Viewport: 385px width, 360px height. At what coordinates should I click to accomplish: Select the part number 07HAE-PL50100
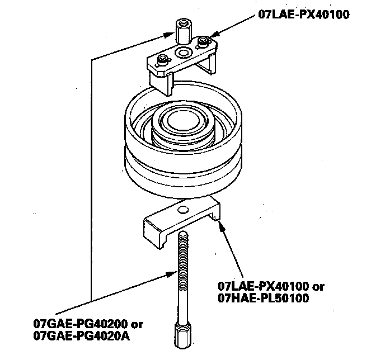[x=264, y=299]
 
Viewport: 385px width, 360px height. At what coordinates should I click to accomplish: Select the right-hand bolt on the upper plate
[x=204, y=42]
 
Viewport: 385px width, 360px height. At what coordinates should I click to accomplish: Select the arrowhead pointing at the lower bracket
[x=220, y=225]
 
